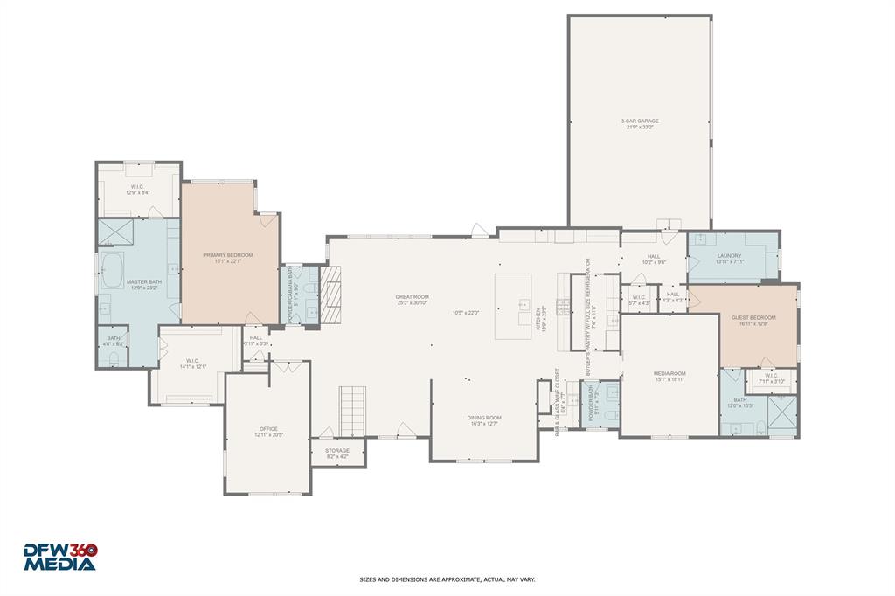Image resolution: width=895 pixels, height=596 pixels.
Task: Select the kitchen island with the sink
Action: pos(513,306)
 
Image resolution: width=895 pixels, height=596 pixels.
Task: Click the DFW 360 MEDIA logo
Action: pos(59,558)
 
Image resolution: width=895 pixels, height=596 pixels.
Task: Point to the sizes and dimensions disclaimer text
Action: pos(447,579)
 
